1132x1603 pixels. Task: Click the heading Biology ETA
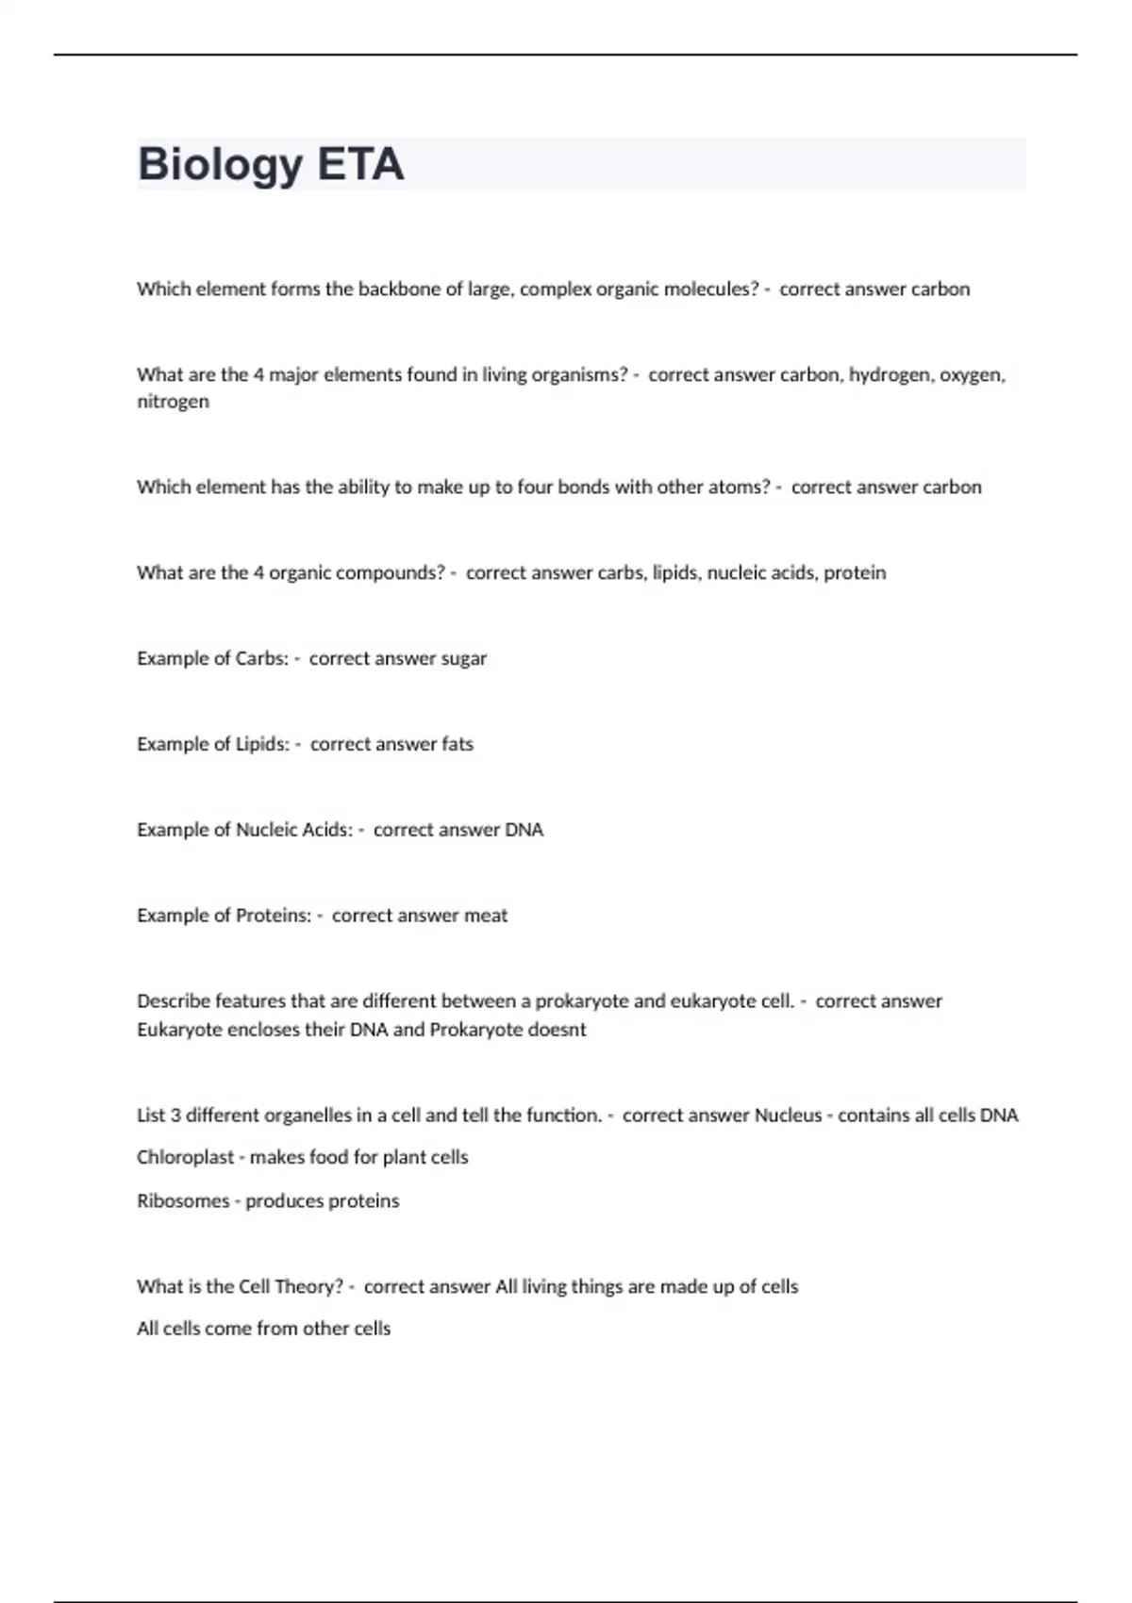tap(271, 164)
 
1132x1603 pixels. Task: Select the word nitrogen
tap(173, 402)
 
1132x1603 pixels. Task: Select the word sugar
tap(464, 659)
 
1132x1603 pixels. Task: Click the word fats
tap(458, 745)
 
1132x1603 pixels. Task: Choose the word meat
tap(486, 916)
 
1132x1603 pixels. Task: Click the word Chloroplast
tap(185, 1158)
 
